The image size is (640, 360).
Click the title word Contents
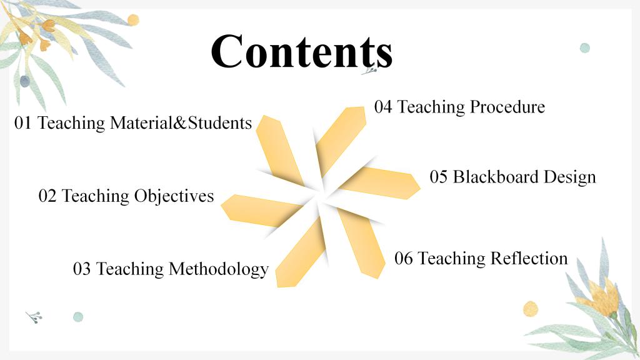302,51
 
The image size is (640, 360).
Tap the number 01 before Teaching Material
23,123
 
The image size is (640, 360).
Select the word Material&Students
181,123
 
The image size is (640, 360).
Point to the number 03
82,269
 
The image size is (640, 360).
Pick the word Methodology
218,269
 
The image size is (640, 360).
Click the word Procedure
507,107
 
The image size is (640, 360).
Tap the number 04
383,107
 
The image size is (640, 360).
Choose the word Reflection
529,258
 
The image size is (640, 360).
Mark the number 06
403,258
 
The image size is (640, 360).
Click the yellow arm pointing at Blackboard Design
380,183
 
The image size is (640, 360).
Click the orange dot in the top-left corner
133,19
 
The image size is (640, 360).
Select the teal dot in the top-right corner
585,47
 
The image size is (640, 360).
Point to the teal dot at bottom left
78,317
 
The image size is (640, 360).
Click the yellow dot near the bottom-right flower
531,309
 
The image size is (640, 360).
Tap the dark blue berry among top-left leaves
25,81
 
